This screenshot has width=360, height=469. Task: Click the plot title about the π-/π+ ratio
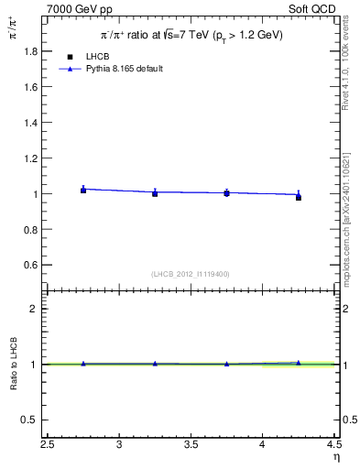click(191, 35)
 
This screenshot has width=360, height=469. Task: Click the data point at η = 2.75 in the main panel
click(83, 190)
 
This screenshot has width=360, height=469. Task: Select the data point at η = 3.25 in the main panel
click(155, 193)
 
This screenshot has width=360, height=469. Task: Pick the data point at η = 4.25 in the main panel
click(299, 197)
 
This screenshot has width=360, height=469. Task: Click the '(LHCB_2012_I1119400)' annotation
click(191, 274)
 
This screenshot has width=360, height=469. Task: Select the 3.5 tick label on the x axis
click(191, 444)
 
